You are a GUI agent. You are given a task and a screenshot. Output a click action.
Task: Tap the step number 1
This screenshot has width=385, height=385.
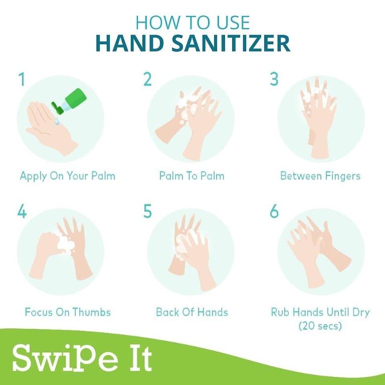pos(22,80)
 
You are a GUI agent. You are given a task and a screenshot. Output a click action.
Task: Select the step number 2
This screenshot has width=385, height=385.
pos(147,80)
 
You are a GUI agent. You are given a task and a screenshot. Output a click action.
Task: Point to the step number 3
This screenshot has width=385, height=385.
pos(274,80)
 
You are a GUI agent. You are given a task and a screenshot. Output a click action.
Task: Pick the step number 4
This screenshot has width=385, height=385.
pos(22,212)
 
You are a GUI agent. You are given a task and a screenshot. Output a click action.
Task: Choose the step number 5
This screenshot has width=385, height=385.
pos(147,212)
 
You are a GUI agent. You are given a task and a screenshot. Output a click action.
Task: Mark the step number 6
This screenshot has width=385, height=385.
pos(274,212)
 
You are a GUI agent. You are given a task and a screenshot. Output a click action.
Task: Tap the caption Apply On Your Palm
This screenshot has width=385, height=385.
pos(67,176)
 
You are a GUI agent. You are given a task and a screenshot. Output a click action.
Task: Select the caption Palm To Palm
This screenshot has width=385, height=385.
pos(191,176)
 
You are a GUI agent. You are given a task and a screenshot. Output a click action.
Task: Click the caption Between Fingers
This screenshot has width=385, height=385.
pos(320,176)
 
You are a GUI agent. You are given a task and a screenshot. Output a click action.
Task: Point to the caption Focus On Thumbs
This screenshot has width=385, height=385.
pos(68,312)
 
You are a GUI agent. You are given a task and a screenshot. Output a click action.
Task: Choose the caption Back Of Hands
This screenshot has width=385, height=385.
pos(191,312)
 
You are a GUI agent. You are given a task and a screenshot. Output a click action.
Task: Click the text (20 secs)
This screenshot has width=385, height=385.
pos(320,326)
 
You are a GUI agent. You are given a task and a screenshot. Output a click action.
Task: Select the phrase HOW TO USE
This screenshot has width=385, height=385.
pos(192,22)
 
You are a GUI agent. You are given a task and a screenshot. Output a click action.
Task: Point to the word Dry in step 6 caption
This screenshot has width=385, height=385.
pos(359,312)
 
